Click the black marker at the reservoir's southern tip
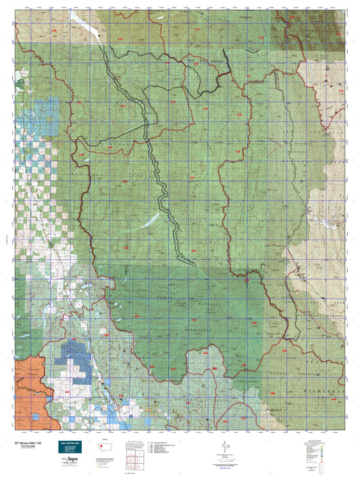tap(99, 32)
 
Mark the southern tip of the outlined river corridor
tap(196, 265)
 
